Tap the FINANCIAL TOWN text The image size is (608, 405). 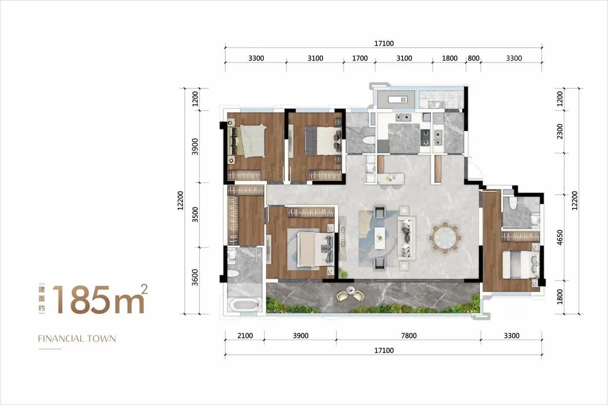point(77,339)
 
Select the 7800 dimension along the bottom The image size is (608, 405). point(409,336)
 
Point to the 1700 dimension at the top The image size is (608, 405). point(360,58)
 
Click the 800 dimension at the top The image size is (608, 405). point(474,58)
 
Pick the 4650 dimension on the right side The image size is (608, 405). point(560,237)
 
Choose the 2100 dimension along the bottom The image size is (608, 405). point(245,336)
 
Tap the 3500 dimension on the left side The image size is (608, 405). point(195,214)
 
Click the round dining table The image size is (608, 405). point(445,238)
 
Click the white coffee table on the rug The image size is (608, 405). point(380,238)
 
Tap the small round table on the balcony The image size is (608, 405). point(350,289)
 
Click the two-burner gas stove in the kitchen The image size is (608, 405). point(425,137)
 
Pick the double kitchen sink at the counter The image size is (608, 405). point(403,118)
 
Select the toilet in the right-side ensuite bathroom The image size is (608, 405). point(513,203)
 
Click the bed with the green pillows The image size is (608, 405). point(248,141)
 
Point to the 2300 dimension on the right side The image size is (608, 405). point(560,131)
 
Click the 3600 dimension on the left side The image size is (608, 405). point(195,277)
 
